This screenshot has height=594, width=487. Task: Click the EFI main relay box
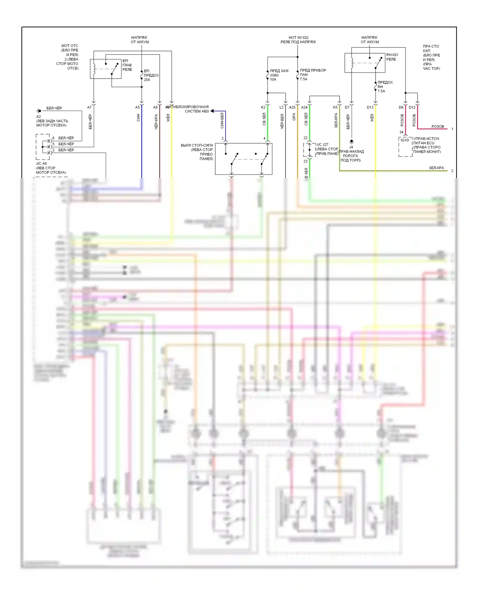pos(106,69)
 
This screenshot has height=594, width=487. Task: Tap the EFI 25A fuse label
pos(151,75)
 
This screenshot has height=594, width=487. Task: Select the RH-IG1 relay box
pos(365,63)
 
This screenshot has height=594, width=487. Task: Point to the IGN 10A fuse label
pos(279,75)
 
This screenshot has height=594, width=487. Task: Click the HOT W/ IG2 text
pos(298,37)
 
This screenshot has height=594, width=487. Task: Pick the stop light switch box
pos(243,159)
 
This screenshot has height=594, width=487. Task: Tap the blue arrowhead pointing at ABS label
pos(212,111)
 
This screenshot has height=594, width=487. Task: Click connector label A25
pos(292,107)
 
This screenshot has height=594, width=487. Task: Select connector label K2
pos(263,107)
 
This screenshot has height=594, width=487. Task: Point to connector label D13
pos(370,107)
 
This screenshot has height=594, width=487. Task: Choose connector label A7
pos(89,107)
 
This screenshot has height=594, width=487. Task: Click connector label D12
pos(412,107)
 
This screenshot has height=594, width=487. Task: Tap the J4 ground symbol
pos(351,142)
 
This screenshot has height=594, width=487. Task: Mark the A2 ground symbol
pos(39,111)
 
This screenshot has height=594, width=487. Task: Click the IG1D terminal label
pos(405,140)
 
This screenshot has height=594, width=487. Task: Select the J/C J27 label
pos(322,145)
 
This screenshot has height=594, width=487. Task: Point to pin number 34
pos(401,132)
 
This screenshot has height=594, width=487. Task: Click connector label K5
pos(335,107)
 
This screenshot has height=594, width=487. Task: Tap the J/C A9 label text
pos(41,163)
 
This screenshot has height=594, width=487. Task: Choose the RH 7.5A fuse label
pos(385,87)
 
